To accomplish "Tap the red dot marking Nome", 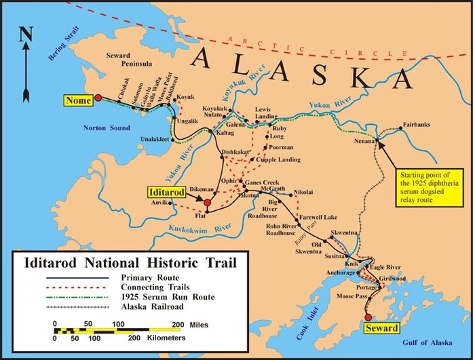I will pos(98,98).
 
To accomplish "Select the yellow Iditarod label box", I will pos(170,193).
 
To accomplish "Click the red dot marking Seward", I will pos(368,317).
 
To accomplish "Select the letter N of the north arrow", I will pos(24,33).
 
